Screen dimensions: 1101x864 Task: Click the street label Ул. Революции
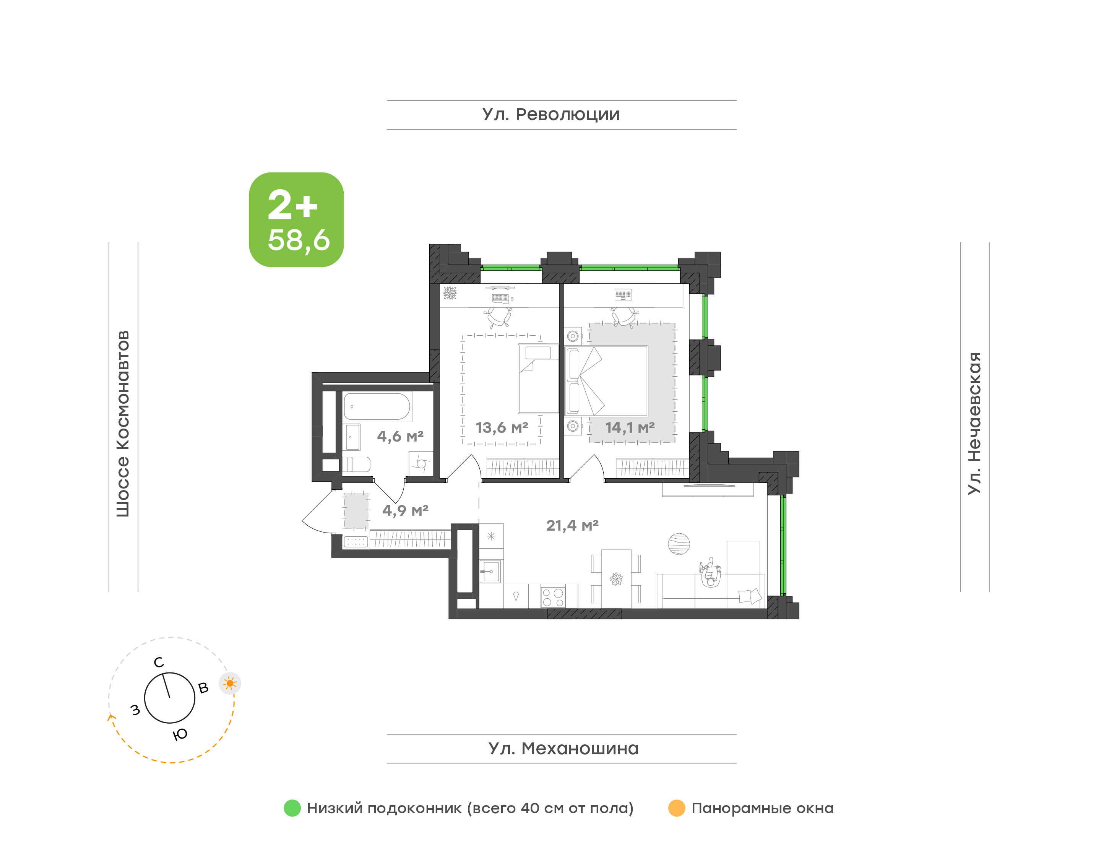pos(551,115)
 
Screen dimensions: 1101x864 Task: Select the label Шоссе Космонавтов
pos(123,424)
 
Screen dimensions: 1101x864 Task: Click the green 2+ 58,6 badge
pos(296,219)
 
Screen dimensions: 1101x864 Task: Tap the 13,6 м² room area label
pos(502,428)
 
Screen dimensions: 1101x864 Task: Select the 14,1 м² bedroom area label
pos(630,428)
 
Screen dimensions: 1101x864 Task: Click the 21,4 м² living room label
pos(572,526)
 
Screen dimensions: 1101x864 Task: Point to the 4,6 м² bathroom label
pos(400,436)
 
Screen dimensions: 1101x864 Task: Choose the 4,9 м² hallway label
pos(405,510)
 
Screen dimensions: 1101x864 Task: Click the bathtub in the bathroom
pos(377,407)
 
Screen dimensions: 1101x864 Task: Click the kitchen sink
pos(490,572)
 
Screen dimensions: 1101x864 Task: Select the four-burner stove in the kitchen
pos(552,596)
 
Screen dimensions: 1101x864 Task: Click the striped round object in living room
pos(678,544)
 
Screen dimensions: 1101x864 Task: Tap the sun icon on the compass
pos(230,684)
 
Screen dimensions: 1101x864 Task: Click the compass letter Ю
pos(180,734)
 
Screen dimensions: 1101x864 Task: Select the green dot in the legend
pos(292,808)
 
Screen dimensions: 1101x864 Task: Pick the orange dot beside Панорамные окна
pos(677,808)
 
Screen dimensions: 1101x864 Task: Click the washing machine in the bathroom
pos(421,463)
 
